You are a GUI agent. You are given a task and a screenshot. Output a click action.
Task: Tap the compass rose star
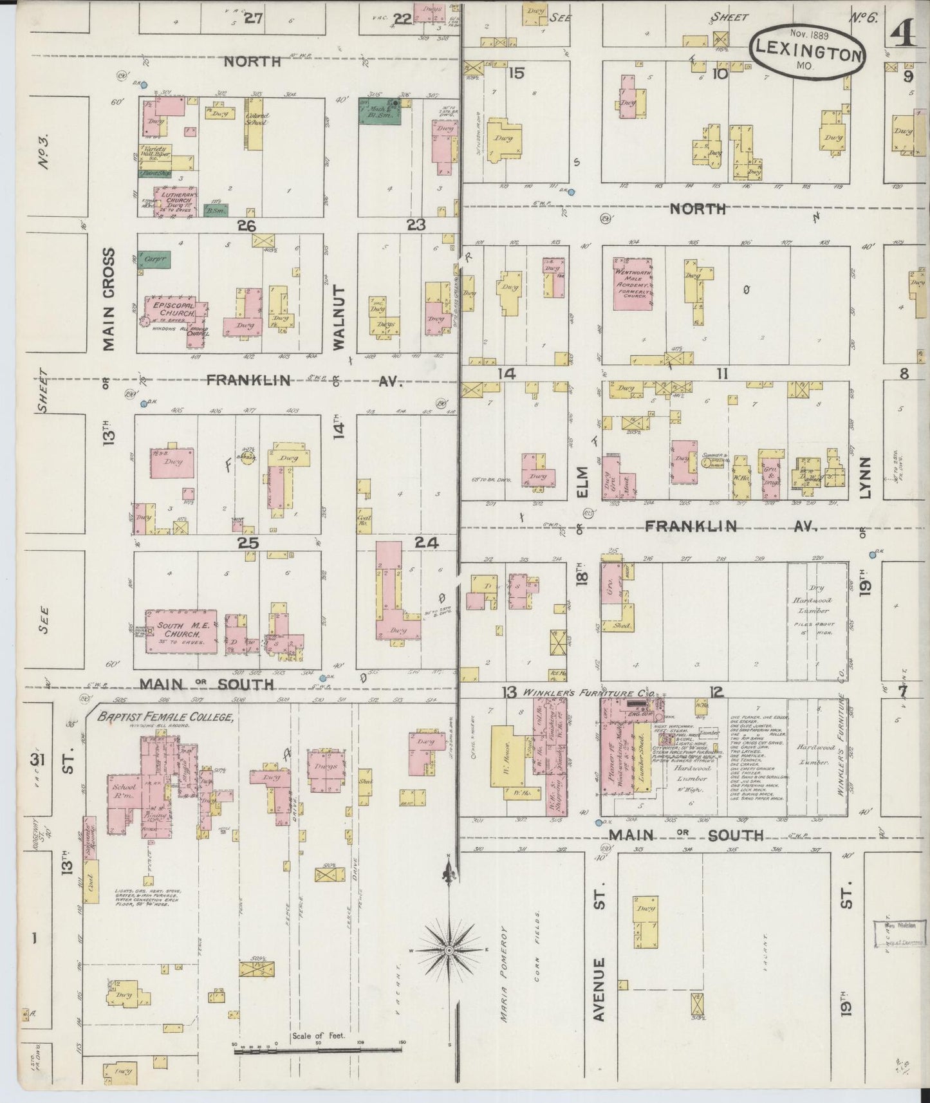(448, 950)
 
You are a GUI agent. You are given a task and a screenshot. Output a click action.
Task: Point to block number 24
(426, 543)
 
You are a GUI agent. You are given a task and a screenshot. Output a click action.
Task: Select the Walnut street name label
(339, 319)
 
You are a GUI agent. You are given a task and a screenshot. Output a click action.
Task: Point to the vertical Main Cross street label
(107, 300)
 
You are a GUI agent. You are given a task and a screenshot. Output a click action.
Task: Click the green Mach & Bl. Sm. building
(380, 111)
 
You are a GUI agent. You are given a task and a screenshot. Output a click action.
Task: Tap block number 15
(516, 73)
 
